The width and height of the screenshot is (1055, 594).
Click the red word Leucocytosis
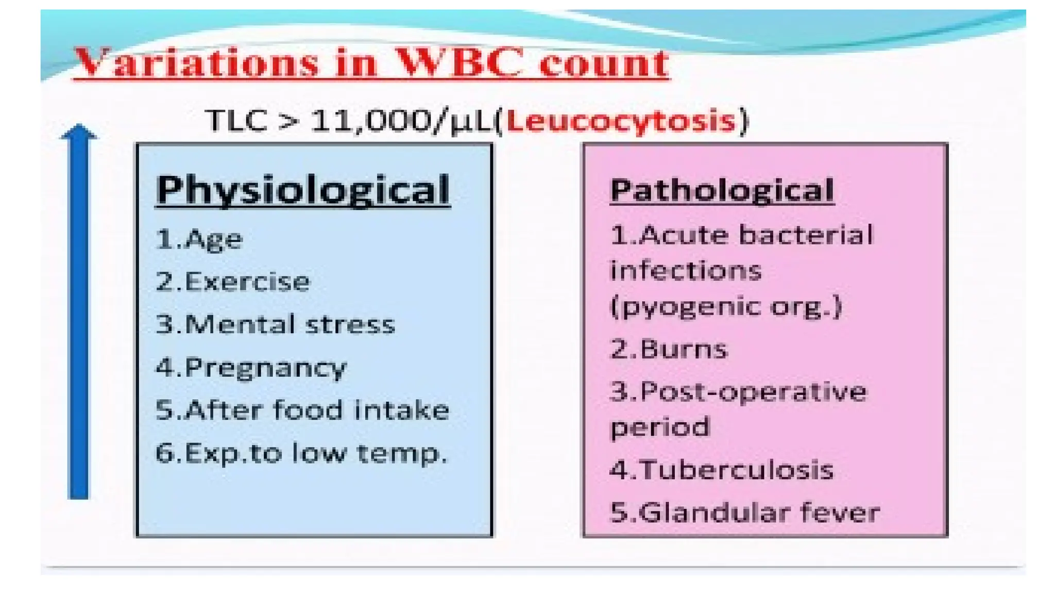click(621, 122)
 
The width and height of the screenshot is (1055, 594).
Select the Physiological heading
click(303, 190)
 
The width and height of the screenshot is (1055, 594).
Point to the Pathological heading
click(722, 190)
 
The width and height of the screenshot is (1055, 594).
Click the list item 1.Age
click(199, 239)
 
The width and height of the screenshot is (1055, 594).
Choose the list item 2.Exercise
click(233, 282)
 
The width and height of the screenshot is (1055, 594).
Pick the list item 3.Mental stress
click(275, 325)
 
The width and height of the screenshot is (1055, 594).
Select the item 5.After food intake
click(302, 410)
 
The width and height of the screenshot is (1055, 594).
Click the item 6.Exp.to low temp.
click(301, 454)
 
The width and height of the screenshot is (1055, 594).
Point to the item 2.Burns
click(669, 349)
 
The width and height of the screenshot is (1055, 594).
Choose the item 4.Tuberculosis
click(722, 470)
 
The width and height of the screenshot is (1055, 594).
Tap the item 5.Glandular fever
click(745, 513)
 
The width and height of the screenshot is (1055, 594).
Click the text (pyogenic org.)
click(726, 306)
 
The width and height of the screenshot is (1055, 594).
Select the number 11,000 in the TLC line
click(371, 122)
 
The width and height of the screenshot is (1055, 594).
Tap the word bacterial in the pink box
click(806, 236)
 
